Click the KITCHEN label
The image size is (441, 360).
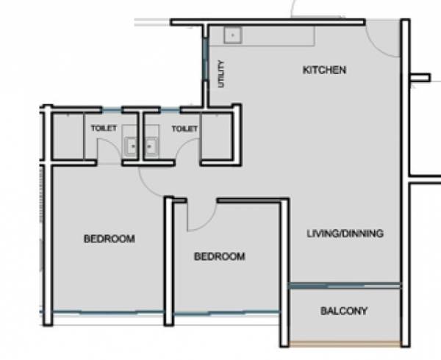pos(324,71)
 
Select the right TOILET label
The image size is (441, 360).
pos(184,129)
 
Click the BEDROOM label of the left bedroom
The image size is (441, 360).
pos(109,239)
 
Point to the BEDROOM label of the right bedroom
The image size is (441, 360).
pos(219,256)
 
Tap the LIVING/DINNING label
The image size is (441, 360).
pos(345,234)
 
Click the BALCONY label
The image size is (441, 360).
pos(344,311)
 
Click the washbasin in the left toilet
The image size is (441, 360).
pos(131,145)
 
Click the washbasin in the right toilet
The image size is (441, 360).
pos(153,145)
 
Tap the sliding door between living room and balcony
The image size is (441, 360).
pos(344,285)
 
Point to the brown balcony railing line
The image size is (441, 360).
pos(344,345)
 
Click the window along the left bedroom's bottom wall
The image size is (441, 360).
pos(107,313)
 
